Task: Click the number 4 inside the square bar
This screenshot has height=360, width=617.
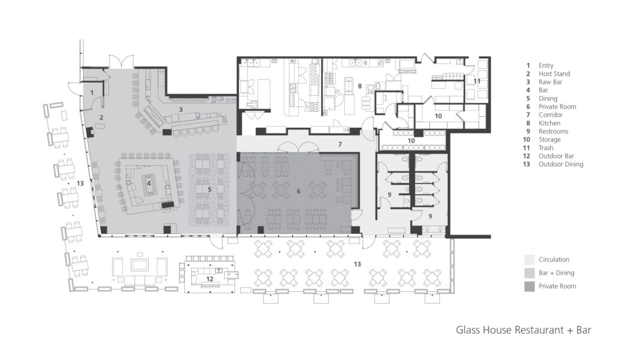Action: tap(149, 183)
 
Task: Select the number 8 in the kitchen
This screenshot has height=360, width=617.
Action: tap(360, 86)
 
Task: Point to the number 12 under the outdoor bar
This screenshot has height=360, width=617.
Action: tap(209, 279)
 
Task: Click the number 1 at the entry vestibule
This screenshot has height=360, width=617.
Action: tap(92, 92)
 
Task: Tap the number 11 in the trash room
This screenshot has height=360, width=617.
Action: tap(476, 80)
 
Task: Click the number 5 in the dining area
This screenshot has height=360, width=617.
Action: tap(209, 189)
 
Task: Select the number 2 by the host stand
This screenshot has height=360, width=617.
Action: tap(101, 118)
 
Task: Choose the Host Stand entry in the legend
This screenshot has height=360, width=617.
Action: tap(554, 74)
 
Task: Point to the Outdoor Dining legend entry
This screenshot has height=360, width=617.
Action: tap(560, 164)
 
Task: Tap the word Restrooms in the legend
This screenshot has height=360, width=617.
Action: tap(553, 131)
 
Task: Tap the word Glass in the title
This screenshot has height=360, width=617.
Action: tap(469, 330)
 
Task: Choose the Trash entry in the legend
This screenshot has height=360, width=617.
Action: tap(547, 148)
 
